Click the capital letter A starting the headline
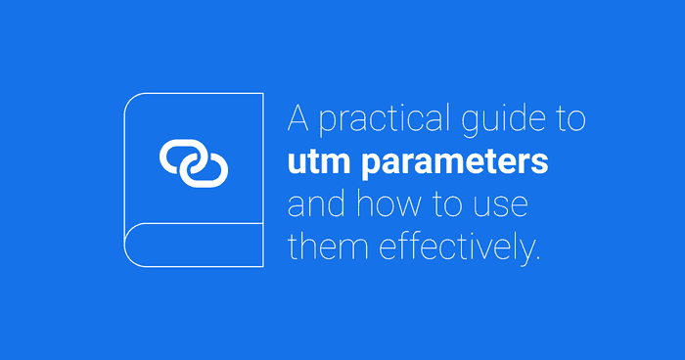click(298, 119)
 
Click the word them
click(324, 247)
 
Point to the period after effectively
click(536, 257)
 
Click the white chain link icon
click(194, 162)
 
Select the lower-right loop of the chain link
click(207, 170)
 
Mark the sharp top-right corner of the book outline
click(263, 92)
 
